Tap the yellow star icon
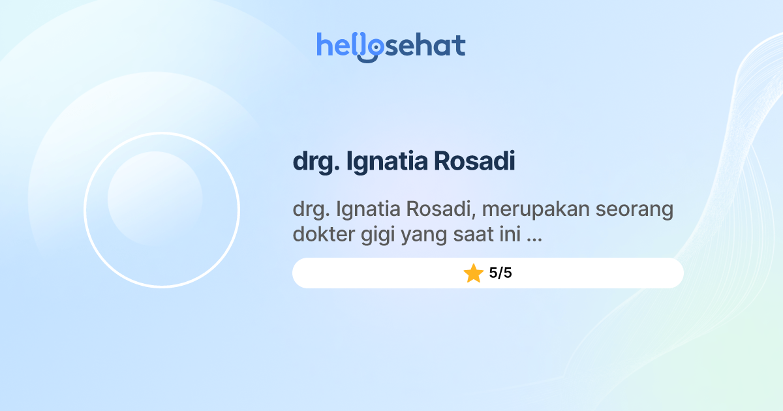point(473,273)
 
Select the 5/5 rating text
point(500,273)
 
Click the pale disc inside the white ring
point(155,198)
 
